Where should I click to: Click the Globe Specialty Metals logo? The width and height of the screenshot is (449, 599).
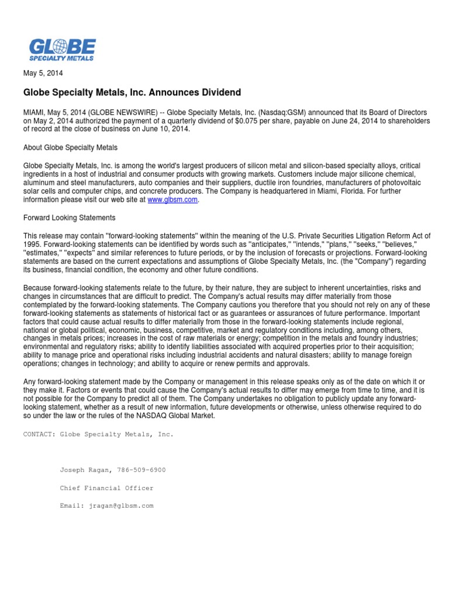62,50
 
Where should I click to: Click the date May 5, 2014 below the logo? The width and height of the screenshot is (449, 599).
43,74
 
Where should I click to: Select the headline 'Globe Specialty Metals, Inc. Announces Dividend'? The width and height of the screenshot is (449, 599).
132,92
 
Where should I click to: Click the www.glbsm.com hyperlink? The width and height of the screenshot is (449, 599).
172,199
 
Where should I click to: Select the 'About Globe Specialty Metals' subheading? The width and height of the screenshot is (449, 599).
70,147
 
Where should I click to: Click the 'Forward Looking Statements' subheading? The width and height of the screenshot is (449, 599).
69,218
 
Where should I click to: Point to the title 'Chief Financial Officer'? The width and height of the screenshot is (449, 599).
106,488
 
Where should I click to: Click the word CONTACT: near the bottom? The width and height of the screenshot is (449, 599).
39,435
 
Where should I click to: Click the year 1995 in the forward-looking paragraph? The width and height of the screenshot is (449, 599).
32,243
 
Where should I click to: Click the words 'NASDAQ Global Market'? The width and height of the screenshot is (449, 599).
178,415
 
